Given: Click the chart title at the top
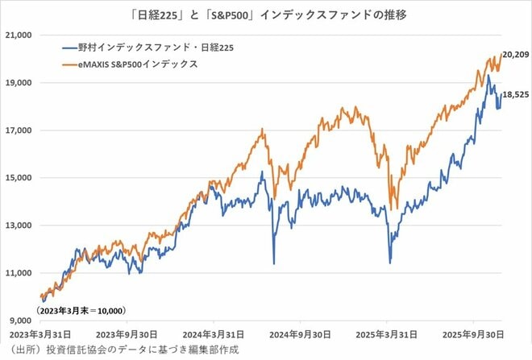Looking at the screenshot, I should (266, 14).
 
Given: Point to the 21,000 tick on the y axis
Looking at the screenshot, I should (18, 35).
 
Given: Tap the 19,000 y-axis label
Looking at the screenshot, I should (18, 83).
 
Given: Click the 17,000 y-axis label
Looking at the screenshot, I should (18, 130).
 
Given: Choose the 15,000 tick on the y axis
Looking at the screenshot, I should (18, 178).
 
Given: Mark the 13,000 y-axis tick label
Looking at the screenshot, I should (18, 226).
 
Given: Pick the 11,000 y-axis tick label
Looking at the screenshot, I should (18, 273).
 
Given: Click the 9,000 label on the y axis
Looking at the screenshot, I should (20, 321).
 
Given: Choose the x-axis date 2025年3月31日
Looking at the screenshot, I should (389, 334).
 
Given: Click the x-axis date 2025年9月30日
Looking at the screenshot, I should (476, 334).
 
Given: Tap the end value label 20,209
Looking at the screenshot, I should (515, 55).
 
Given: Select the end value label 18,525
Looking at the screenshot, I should (515, 94).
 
